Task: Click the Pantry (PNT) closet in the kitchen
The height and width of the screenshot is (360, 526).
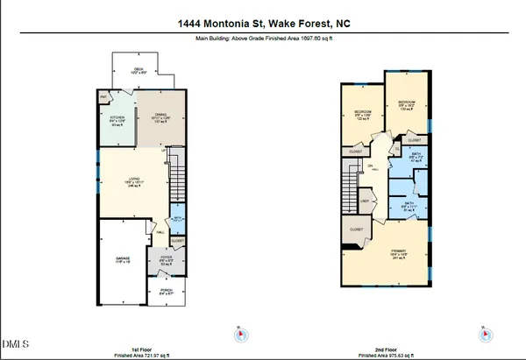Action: click(103, 96)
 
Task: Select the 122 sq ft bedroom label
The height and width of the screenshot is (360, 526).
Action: click(362, 115)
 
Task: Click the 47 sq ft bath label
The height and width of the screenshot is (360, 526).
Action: click(405, 159)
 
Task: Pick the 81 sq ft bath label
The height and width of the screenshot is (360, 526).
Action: click(409, 206)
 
